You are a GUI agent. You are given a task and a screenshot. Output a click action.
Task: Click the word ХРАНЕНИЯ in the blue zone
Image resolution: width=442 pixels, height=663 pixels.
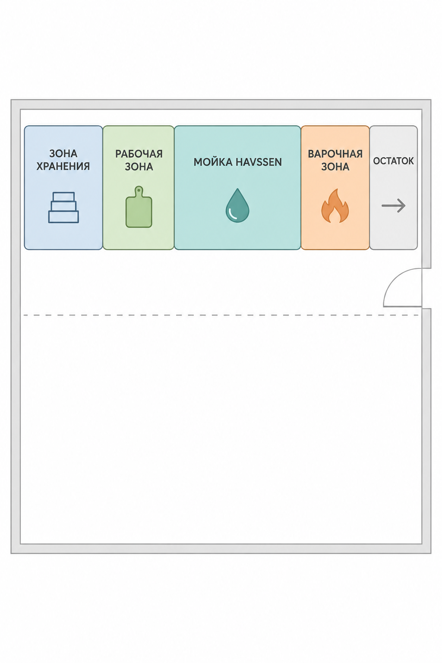pyautogui.click(x=63, y=166)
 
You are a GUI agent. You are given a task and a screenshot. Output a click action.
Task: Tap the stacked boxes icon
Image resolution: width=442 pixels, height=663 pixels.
pyautogui.click(x=63, y=207)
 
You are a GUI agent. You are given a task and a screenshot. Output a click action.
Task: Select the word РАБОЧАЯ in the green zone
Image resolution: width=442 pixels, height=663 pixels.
pyautogui.click(x=139, y=154)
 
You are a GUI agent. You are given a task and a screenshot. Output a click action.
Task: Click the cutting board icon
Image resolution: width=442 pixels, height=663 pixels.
pyautogui.click(x=139, y=207)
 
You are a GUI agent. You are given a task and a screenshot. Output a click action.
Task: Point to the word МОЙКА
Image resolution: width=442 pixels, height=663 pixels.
pyautogui.click(x=211, y=162)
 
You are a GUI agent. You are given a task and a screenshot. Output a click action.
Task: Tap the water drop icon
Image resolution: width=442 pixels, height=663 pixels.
pyautogui.click(x=237, y=205)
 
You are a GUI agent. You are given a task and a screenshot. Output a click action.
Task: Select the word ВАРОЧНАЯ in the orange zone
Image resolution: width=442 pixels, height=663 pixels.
pyautogui.click(x=335, y=154)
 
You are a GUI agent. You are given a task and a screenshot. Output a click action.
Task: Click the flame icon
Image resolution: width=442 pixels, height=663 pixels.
pyautogui.click(x=335, y=205)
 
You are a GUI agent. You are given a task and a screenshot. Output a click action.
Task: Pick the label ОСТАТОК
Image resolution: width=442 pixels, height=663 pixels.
pyautogui.click(x=394, y=161)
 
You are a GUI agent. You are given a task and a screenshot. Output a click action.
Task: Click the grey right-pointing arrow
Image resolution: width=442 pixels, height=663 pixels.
pyautogui.click(x=394, y=205)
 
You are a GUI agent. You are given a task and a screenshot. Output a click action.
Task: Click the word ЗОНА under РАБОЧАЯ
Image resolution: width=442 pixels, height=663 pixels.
pyautogui.click(x=139, y=167)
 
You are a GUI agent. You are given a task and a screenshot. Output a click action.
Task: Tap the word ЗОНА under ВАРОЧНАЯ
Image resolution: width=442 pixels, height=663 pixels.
pyautogui.click(x=335, y=167)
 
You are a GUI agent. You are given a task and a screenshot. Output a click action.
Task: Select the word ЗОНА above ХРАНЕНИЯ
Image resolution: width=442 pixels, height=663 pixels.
pyautogui.click(x=63, y=153)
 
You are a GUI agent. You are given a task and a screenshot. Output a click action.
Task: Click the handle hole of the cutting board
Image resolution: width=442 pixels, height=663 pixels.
pyautogui.click(x=139, y=190)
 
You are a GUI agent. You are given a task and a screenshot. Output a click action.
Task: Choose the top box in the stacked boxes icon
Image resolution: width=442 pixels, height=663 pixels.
pyautogui.click(x=63, y=196)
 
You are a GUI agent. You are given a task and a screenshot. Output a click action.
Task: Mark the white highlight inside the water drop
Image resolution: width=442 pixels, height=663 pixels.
pyautogui.click(x=233, y=216)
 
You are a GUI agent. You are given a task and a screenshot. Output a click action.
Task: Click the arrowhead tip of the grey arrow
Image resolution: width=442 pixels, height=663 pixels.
pyautogui.click(x=405, y=205)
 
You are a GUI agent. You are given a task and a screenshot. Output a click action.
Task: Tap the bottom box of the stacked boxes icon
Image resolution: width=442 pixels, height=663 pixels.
pyautogui.click(x=63, y=217)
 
